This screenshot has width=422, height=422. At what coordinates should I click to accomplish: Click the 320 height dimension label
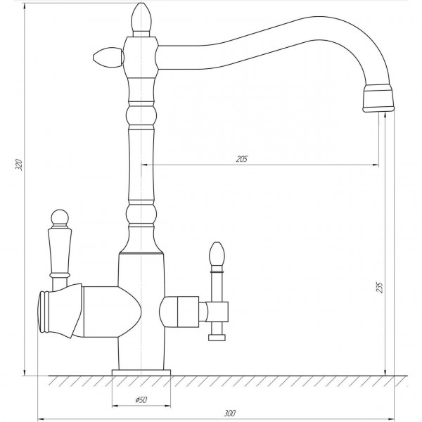point(19,165)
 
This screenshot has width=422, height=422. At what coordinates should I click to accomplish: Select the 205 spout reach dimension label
point(241,159)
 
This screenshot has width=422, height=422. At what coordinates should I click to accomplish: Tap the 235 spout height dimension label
point(379,287)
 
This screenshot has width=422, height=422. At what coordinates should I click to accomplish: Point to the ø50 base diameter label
point(141,400)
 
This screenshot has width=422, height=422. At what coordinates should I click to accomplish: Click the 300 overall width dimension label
point(229,413)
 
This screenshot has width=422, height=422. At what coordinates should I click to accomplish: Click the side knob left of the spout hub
point(108,58)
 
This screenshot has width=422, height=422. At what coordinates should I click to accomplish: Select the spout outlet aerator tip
point(378,98)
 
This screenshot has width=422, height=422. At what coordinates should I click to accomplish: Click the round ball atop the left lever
point(60,217)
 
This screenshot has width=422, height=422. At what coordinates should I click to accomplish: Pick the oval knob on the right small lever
point(217,253)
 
